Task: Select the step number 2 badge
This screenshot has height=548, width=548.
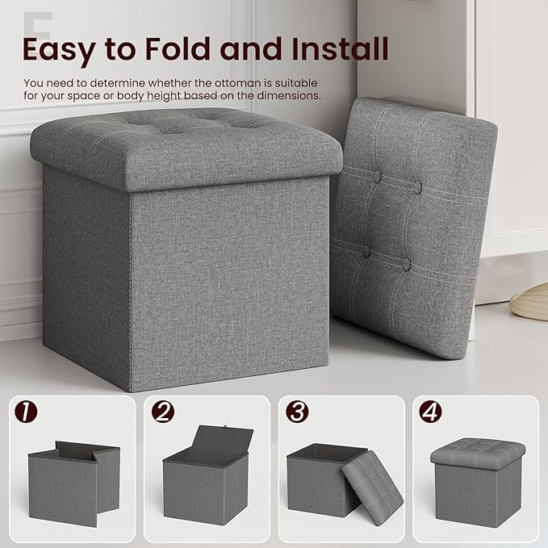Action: coord(164,412)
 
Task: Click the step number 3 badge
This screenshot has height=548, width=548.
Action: coord(297,412)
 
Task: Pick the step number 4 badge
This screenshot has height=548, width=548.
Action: coord(430,412)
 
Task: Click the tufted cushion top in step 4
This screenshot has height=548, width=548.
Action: coord(478,451)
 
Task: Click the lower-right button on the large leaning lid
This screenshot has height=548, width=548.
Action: coord(405,265)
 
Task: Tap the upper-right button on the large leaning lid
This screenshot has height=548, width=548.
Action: coord(417,187)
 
